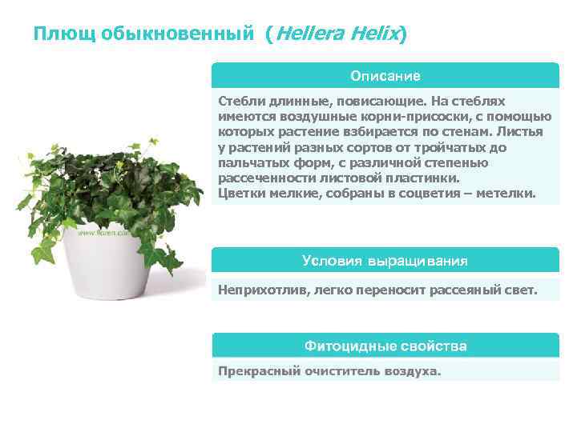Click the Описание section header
[x=385, y=76]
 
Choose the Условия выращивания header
[x=385, y=261]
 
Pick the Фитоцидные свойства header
[x=385, y=346]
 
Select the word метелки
[x=509, y=193]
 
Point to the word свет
[x=520, y=290]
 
